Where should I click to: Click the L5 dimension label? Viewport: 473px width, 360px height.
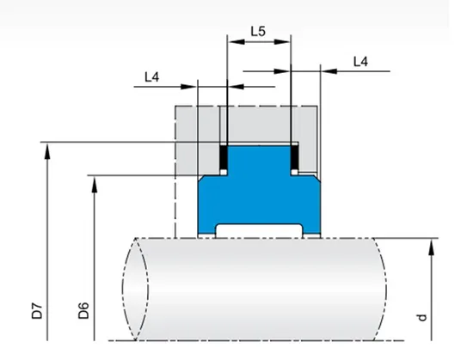point(257,31)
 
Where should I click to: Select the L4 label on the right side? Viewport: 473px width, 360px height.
point(362,61)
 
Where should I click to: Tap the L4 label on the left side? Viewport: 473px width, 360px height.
point(151,77)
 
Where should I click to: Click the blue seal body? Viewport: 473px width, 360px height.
point(258,189)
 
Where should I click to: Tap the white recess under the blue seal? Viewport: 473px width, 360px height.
point(258,229)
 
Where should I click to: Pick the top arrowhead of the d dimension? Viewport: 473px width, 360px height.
point(427,245)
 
